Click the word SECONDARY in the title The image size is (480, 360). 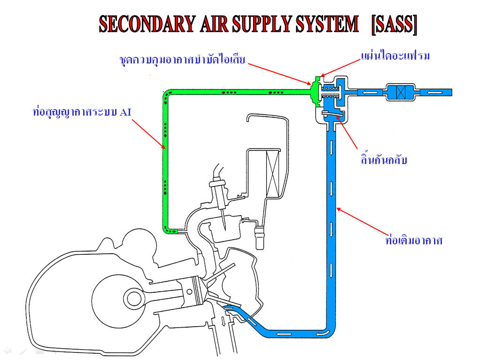click(x=145, y=24)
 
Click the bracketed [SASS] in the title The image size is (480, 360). click(x=394, y=24)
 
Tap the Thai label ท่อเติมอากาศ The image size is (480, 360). click(x=413, y=241)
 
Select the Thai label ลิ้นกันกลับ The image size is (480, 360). click(x=381, y=160)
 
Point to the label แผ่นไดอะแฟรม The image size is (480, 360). click(x=395, y=56)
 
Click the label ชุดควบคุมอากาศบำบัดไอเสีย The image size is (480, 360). click(x=182, y=60)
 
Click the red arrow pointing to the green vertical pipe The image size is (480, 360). click(x=147, y=135)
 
